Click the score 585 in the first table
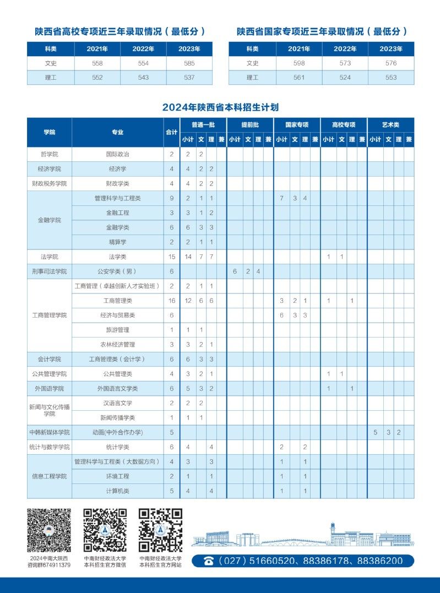(x=189, y=63)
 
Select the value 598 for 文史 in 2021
(x=299, y=63)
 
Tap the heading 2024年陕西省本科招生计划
(x=220, y=107)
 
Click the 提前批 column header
(x=250, y=124)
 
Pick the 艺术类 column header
(x=390, y=124)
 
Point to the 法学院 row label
(x=49, y=257)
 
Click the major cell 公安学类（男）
(x=117, y=271)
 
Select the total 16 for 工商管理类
(x=171, y=301)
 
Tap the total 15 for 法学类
(x=171, y=257)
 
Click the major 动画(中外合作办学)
(x=117, y=432)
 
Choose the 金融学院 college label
(x=49, y=220)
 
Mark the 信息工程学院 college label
(x=49, y=476)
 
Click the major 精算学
(x=117, y=242)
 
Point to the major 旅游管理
(x=117, y=330)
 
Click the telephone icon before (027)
(x=209, y=561)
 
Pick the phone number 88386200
(x=380, y=561)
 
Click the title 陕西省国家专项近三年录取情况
(x=322, y=31)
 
